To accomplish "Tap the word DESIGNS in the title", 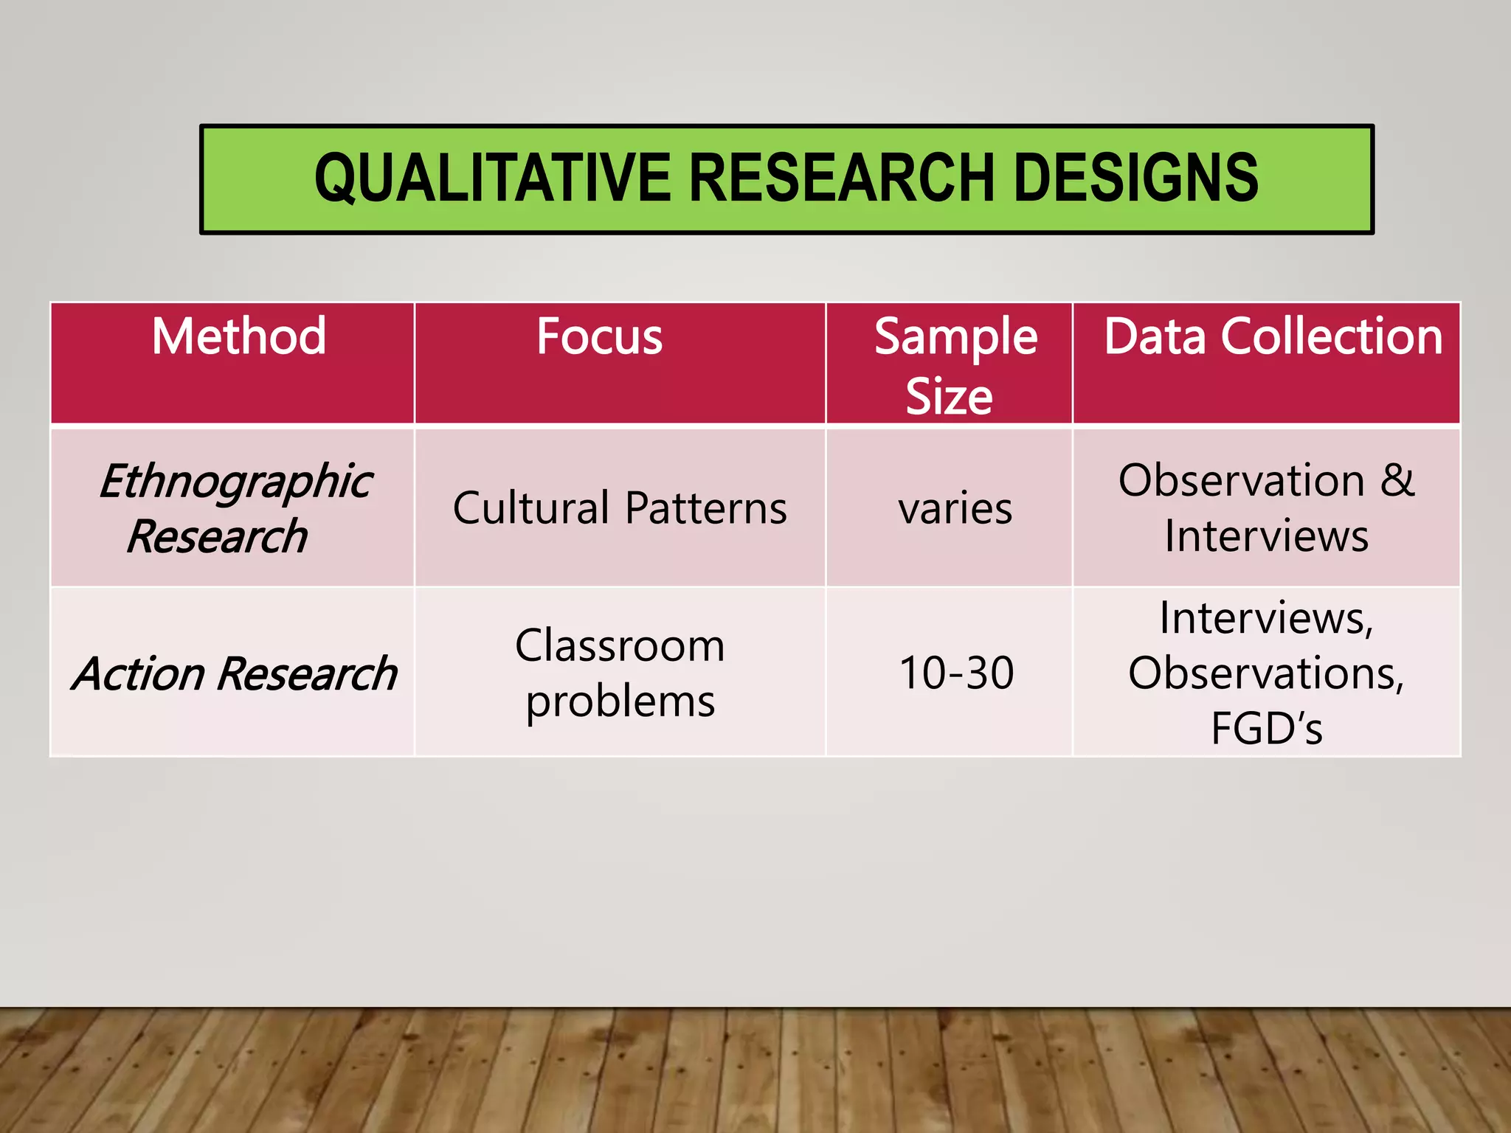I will (1136, 179).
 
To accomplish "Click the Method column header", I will (238, 337).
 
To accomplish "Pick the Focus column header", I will (599, 337).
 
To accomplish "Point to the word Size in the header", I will (949, 397).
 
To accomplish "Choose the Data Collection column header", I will (1273, 337).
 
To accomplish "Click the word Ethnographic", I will (236, 482).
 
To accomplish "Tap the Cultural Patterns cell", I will (620, 508).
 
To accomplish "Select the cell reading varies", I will (955, 509).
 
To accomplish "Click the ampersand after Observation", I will (1397, 480).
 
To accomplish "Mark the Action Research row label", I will (235, 673).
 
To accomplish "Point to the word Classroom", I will (620, 646).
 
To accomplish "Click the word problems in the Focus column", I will (620, 701).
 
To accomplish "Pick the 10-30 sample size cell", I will (956, 673).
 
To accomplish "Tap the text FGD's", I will (1266, 728).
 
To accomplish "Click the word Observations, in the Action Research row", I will (1266, 673).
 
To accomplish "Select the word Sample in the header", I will (955, 337).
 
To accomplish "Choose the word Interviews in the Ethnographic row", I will (1266, 536).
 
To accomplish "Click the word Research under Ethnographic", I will (217, 536).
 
